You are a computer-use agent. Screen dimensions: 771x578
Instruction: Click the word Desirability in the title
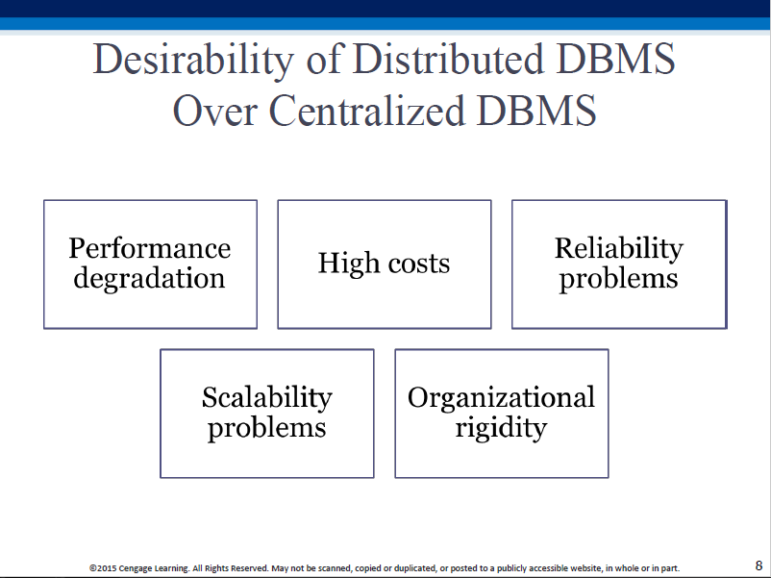pos(193,61)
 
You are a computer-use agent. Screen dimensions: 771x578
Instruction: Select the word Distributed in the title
pos(448,59)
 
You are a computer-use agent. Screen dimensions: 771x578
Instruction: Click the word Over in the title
pos(215,111)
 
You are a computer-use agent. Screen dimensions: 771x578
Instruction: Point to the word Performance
pos(149,248)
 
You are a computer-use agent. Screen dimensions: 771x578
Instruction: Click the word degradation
pos(149,279)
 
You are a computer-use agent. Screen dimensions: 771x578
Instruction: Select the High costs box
pos(385,264)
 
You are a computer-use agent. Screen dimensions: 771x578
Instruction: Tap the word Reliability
pos(619,249)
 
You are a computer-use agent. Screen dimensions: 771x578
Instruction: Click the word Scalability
pos(267,398)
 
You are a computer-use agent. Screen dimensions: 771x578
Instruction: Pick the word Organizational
pos(501,398)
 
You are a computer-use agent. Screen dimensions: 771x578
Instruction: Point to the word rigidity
pos(501,428)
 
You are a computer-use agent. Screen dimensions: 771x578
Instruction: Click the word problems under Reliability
pos(618,280)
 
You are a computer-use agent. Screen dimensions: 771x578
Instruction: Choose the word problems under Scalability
pos(267,428)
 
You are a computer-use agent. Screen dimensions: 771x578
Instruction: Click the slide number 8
pos(759,565)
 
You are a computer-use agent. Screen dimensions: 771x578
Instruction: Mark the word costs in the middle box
pos(419,264)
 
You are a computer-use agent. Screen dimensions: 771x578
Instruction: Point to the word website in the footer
pos(586,568)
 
